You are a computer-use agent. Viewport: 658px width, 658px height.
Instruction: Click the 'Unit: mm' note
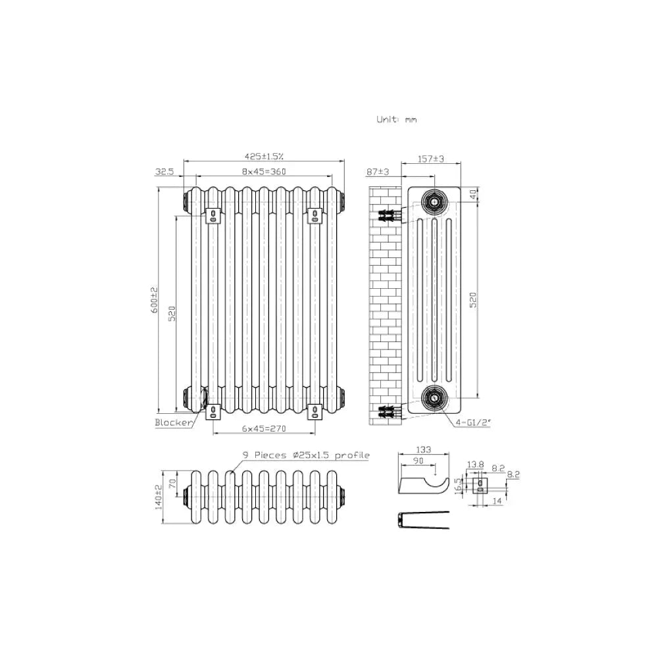pyautogui.click(x=397, y=120)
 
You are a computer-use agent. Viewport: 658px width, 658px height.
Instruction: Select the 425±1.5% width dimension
pyautogui.click(x=264, y=157)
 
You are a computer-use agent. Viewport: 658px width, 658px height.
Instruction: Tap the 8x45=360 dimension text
pyautogui.click(x=264, y=171)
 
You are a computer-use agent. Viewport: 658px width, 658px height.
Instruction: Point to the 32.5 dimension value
pyautogui.click(x=164, y=172)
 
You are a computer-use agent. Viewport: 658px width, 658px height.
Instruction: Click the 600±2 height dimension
pyautogui.click(x=155, y=299)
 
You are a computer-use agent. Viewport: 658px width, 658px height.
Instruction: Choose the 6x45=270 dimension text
pyautogui.click(x=264, y=428)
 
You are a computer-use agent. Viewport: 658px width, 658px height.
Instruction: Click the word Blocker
pyautogui.click(x=173, y=422)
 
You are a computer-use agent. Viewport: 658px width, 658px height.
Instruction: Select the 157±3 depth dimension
pyautogui.click(x=431, y=159)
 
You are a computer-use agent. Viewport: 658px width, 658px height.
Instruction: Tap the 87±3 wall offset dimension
pyautogui.click(x=378, y=172)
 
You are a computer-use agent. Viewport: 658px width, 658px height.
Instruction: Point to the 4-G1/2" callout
pyautogui.click(x=473, y=422)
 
